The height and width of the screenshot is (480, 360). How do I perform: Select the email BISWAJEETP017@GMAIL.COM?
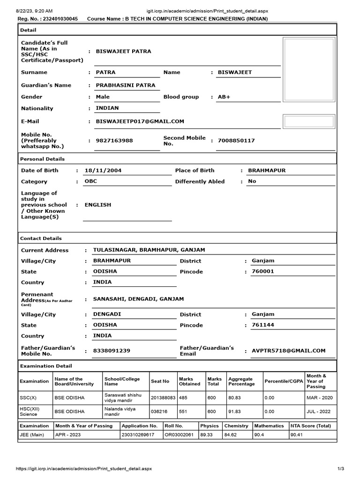(140, 121)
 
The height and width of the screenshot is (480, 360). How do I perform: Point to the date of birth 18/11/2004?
(103, 171)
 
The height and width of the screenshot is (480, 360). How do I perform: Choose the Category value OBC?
(90, 181)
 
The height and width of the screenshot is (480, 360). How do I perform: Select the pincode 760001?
(262, 271)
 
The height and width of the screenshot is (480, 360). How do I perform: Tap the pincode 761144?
(262, 325)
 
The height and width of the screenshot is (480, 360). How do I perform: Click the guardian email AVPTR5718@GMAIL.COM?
(288, 351)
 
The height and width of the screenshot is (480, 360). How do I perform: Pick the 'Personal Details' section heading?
(42, 159)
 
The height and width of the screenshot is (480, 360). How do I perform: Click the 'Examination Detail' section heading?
(46, 366)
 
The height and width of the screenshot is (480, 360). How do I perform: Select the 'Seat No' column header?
(160, 382)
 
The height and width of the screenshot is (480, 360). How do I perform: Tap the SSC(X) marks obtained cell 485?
(183, 397)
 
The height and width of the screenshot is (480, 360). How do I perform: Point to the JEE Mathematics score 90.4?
(259, 435)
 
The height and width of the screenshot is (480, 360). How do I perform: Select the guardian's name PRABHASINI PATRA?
(125, 85)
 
